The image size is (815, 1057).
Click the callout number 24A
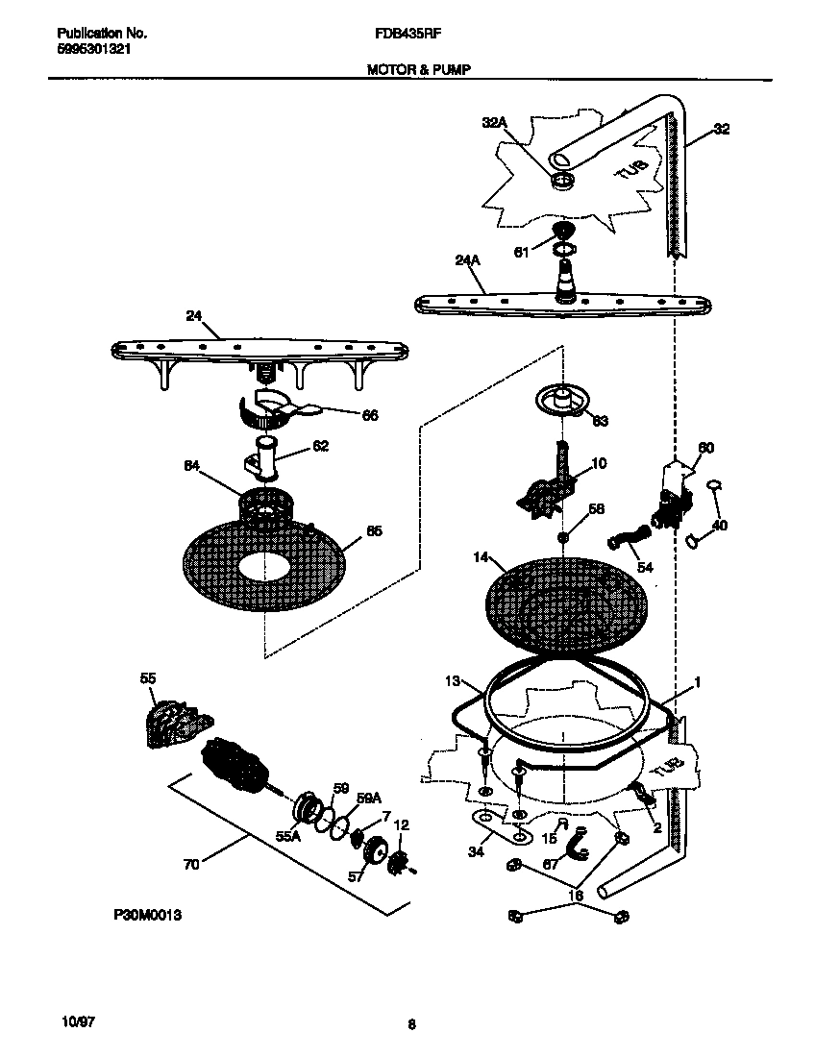coord(467,258)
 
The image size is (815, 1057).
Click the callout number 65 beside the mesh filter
coord(375,530)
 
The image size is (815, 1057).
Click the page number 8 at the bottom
coord(411,1024)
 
